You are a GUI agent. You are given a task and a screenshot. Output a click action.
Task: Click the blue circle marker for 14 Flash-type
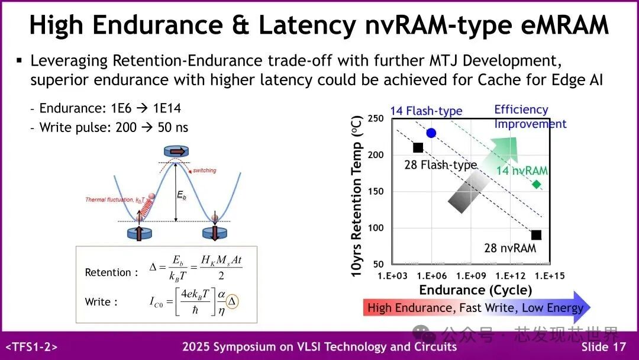pos(431,133)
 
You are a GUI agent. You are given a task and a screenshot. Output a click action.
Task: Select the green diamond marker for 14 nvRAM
pos(537,184)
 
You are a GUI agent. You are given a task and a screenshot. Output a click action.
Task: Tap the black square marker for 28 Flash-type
pos(418,147)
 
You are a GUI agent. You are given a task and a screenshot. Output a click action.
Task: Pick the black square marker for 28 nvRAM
pos(536,235)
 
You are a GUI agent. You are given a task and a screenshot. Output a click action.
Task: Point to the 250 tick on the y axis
pos(376,118)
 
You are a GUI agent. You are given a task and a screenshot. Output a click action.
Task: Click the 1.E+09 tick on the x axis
pos(472,276)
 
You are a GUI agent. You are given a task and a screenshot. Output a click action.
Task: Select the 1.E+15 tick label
pos(551,276)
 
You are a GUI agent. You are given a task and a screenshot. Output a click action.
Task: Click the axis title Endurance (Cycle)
pos(475,290)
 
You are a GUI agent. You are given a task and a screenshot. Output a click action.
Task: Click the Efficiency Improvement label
pos(530,117)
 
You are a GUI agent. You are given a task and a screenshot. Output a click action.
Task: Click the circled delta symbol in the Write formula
pos(232,301)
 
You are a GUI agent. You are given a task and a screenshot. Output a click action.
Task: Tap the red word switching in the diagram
pos(204,171)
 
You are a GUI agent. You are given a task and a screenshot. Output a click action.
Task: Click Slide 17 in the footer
pos(603,347)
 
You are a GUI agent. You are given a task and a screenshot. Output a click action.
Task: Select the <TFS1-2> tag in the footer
pos(31,347)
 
